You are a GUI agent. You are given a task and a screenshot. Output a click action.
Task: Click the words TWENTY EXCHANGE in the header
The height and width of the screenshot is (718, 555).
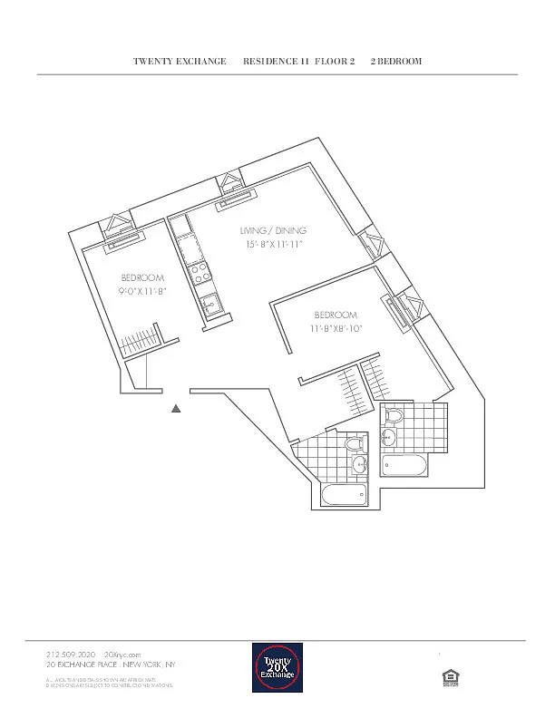click(x=180, y=62)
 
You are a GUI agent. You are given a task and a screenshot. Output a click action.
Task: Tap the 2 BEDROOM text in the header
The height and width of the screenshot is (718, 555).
click(x=396, y=62)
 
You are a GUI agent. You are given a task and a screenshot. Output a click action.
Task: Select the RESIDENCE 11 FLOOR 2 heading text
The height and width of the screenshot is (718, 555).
click(x=298, y=62)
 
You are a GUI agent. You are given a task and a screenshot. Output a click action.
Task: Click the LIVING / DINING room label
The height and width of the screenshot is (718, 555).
click(x=272, y=230)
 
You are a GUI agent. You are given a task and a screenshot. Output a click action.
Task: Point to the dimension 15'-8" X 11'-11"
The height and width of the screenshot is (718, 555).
click(x=273, y=245)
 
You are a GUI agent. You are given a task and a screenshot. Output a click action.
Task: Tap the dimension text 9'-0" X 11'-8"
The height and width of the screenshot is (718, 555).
click(x=142, y=292)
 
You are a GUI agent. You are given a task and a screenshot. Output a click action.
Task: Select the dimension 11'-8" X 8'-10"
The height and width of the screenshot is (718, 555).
click(x=336, y=329)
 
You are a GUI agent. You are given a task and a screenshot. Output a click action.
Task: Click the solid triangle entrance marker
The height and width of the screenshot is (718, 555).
click(x=177, y=409)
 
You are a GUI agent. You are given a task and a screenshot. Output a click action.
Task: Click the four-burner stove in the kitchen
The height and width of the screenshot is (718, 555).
click(x=198, y=269)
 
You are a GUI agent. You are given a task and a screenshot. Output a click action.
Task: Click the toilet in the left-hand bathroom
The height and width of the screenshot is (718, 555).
click(x=355, y=446)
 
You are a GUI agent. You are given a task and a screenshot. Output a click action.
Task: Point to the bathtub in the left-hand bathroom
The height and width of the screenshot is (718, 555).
click(x=345, y=495)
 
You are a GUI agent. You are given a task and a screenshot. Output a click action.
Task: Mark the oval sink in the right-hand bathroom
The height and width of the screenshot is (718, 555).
click(x=388, y=438)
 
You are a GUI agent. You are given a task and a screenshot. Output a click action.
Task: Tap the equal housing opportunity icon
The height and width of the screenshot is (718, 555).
click(x=447, y=675)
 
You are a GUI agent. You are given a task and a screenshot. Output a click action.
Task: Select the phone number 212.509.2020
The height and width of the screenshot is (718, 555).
click(x=70, y=654)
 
